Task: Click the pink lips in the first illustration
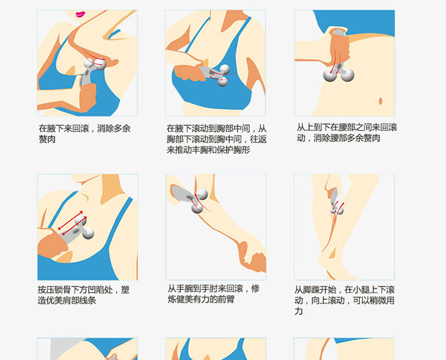tap(81, 14)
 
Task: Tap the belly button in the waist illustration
tap(381, 101)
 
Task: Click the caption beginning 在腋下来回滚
tap(84, 134)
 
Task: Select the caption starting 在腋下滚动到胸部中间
tap(216, 139)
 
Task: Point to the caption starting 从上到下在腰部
tap(346, 133)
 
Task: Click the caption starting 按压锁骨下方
tap(83, 295)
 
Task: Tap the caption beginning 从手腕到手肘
tap(213, 294)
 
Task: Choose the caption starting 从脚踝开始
tap(345, 301)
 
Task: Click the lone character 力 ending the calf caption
tap(298, 311)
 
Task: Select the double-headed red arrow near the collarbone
tap(70, 220)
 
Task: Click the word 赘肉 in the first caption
tap(47, 139)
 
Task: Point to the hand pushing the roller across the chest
tap(189, 73)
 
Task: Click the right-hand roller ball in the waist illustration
tap(347, 75)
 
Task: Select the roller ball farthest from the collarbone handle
tap(88, 233)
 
